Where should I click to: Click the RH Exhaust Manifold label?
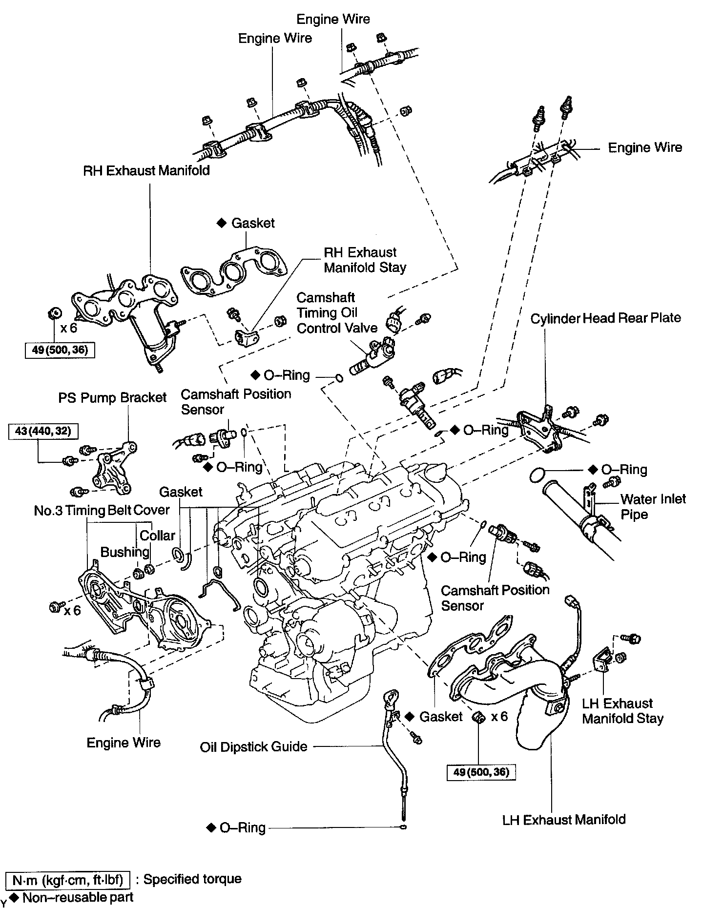point(146,170)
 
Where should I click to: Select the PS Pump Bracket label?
point(112,397)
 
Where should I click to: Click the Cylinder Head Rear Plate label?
point(605,318)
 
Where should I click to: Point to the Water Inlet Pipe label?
point(653,507)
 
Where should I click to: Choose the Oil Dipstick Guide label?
point(253,746)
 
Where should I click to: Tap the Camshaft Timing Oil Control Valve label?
point(337,313)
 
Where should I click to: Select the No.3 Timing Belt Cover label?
point(102,510)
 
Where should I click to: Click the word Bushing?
point(124,552)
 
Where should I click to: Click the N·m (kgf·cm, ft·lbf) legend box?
point(67,880)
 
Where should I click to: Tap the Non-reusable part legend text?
point(78,898)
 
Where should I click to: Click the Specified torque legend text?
point(192,879)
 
